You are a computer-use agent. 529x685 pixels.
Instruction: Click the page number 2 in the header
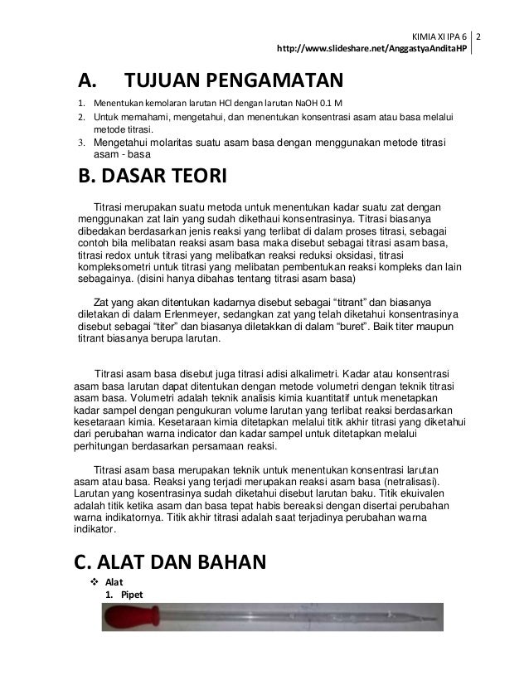478,38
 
